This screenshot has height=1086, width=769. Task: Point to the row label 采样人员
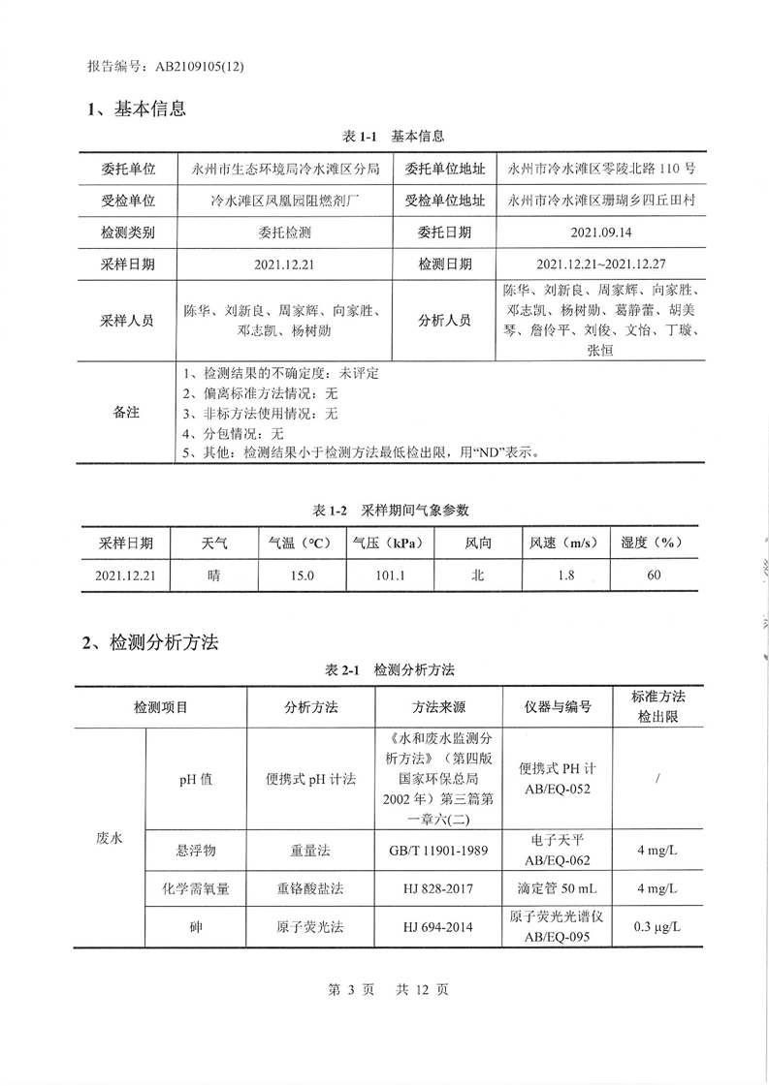[x=127, y=320]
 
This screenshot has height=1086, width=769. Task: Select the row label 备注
[x=127, y=412]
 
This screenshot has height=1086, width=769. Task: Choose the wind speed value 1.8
[x=567, y=574]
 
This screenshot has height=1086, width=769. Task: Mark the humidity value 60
[x=655, y=574]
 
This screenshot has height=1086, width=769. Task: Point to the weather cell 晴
[x=214, y=574]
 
